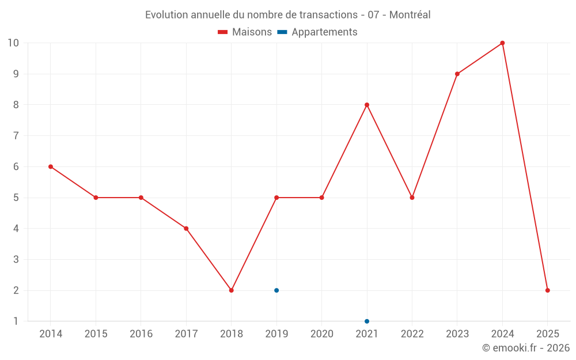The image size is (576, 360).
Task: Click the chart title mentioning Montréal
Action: [287, 14]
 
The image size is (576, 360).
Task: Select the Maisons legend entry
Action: [245, 32]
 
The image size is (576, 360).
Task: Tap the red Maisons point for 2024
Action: [502, 43]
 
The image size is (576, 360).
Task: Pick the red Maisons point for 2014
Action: [51, 166]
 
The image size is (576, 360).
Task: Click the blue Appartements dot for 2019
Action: [276, 290]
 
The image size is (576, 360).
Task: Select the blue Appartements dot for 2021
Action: [367, 321]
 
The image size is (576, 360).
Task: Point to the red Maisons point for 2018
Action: [232, 290]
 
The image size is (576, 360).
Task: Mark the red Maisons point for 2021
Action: [367, 105]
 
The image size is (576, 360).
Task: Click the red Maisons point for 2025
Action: [547, 290]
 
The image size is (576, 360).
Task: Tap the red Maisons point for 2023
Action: [457, 74]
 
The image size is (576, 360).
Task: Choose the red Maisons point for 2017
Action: [186, 228]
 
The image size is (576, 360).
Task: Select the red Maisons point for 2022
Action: [412, 198]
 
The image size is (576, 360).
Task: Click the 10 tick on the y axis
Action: [13, 43]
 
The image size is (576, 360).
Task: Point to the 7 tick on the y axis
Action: [16, 136]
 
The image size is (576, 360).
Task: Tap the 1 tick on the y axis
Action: [16, 321]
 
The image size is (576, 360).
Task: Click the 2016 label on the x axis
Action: [141, 334]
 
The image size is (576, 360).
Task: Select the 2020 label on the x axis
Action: [321, 334]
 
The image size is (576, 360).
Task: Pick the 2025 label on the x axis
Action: [547, 334]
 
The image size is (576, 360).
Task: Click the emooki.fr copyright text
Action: [525, 348]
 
